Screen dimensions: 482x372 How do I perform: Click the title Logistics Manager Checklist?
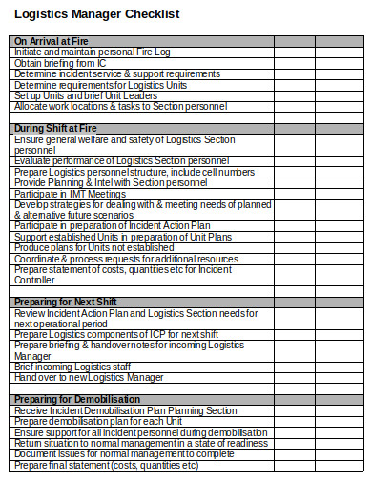(96, 14)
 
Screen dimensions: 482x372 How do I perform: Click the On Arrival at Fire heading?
(51, 40)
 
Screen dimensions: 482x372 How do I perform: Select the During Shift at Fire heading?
(54, 128)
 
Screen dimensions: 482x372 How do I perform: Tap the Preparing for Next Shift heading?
(64, 302)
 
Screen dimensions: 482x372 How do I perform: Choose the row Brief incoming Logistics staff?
(73, 367)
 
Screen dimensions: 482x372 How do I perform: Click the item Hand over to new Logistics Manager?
(90, 377)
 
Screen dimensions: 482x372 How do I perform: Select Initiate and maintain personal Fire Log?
(93, 52)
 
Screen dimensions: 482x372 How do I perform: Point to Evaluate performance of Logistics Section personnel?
(122, 160)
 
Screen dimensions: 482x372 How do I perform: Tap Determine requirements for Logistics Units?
(100, 84)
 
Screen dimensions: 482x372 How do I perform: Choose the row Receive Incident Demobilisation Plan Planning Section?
(125, 410)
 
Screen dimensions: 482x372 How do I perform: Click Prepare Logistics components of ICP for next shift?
(116, 334)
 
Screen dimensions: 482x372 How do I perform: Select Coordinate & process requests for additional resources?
(126, 259)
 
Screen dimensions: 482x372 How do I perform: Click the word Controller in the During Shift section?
(35, 280)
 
